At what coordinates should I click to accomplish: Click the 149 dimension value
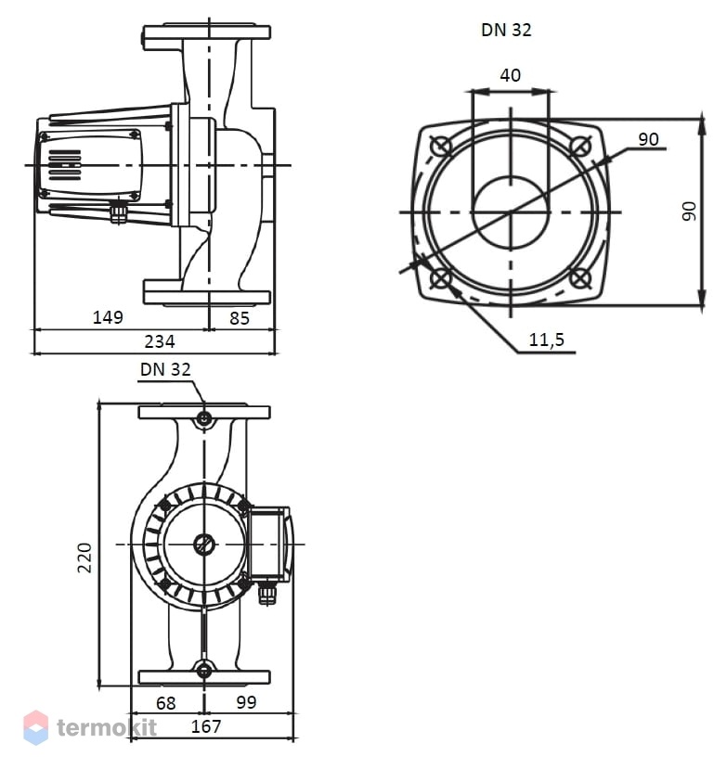(108, 317)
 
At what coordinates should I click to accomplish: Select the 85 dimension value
(240, 318)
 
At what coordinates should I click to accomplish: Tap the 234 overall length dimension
(160, 341)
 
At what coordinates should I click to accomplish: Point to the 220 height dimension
(84, 558)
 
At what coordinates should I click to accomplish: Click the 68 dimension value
(166, 703)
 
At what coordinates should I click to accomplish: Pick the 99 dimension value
(246, 702)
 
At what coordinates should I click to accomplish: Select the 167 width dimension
(206, 726)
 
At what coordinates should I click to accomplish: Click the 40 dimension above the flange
(511, 75)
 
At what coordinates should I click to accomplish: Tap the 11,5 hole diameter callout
(546, 340)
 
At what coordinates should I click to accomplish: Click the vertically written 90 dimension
(690, 211)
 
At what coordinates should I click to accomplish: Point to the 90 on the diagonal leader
(648, 139)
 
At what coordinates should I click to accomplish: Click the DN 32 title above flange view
(506, 30)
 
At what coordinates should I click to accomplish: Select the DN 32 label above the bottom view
(165, 369)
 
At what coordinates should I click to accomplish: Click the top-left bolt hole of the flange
(441, 147)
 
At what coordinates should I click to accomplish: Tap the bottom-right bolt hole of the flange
(580, 278)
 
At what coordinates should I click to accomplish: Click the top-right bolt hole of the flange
(580, 146)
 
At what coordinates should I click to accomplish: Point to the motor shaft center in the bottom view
(204, 545)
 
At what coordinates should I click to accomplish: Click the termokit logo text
(107, 727)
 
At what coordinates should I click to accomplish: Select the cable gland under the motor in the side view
(118, 211)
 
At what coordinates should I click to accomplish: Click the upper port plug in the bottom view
(204, 419)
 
